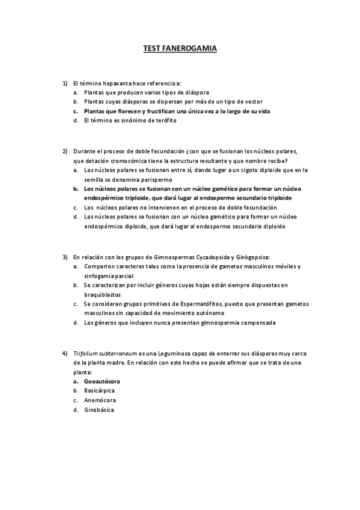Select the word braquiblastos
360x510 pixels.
click(x=103, y=294)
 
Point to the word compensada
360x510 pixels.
click(x=258, y=322)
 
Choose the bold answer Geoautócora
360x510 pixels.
click(x=102, y=381)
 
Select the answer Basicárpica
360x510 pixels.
click(x=99, y=390)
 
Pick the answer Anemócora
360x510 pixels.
click(x=100, y=400)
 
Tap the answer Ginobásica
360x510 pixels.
click(x=99, y=410)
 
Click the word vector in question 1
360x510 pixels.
click(x=253, y=102)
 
